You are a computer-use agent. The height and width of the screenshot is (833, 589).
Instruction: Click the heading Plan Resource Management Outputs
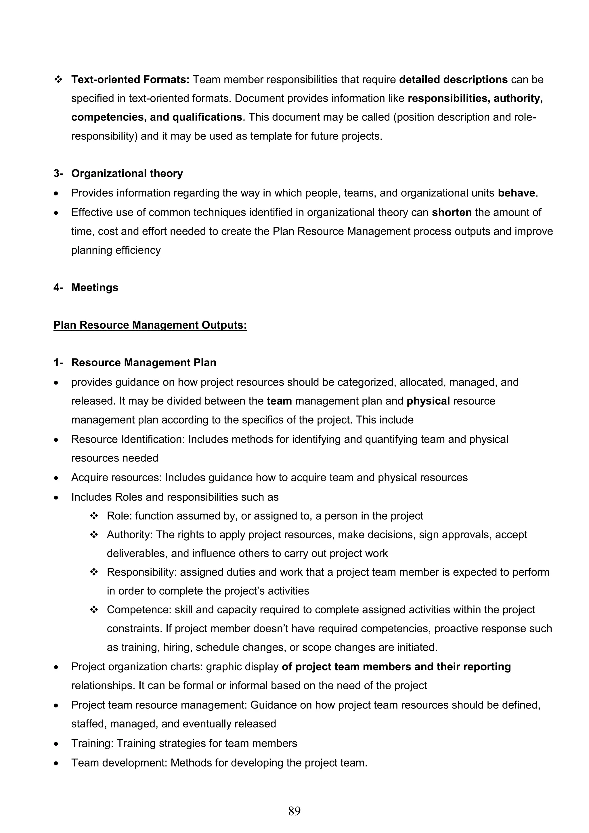(x=150, y=325)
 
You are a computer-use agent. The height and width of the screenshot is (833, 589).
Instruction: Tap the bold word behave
(x=516, y=193)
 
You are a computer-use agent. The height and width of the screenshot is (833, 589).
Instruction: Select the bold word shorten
(x=452, y=212)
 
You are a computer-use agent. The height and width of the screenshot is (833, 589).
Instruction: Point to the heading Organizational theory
(x=127, y=173)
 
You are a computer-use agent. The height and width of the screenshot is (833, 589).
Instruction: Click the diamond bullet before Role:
(x=94, y=516)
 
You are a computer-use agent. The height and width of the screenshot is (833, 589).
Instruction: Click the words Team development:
(x=119, y=763)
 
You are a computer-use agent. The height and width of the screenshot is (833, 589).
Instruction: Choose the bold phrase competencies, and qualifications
(x=157, y=117)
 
